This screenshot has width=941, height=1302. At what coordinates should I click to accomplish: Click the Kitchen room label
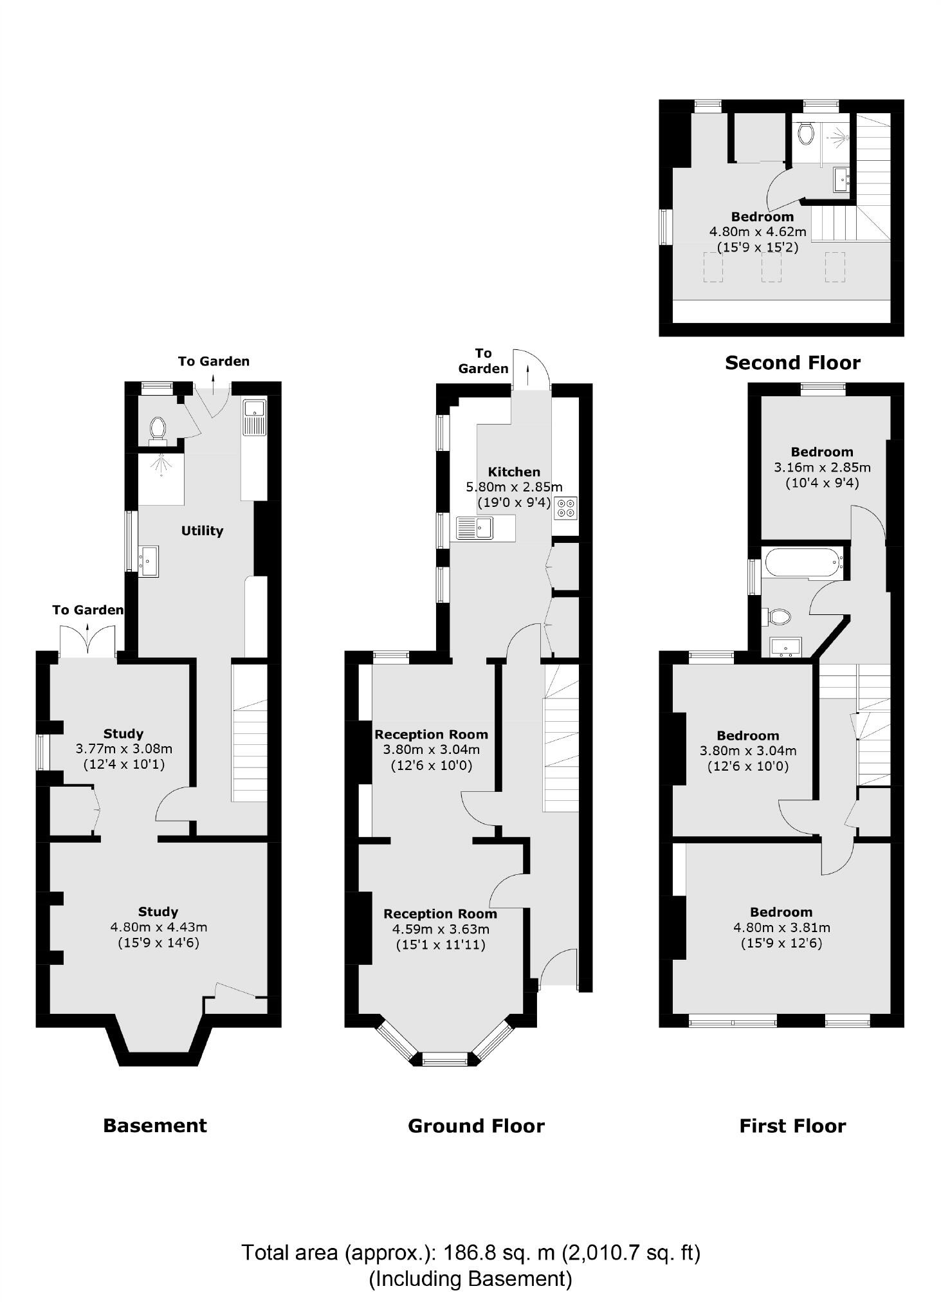[513, 472]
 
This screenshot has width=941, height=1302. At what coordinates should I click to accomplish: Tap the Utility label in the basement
[202, 531]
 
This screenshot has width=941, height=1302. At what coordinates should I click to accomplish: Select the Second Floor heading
[792, 363]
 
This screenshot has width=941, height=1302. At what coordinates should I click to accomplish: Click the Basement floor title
[155, 1125]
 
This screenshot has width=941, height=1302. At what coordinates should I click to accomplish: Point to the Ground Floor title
[476, 1126]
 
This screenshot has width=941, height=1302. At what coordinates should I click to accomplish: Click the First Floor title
[792, 1126]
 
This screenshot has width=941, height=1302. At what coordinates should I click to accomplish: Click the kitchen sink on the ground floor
[475, 527]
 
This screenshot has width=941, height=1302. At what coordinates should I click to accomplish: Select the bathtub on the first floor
[803, 564]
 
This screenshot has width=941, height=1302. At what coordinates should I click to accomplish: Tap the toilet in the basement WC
[158, 428]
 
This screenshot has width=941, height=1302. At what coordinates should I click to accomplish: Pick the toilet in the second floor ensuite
[805, 133]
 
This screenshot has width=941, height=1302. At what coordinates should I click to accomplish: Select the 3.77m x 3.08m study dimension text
[124, 749]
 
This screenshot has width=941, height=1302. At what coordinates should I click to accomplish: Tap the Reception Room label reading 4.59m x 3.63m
[440, 913]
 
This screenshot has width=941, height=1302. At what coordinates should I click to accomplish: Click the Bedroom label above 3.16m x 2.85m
[822, 452]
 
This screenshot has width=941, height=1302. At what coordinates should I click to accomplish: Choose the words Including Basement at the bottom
[470, 1278]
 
